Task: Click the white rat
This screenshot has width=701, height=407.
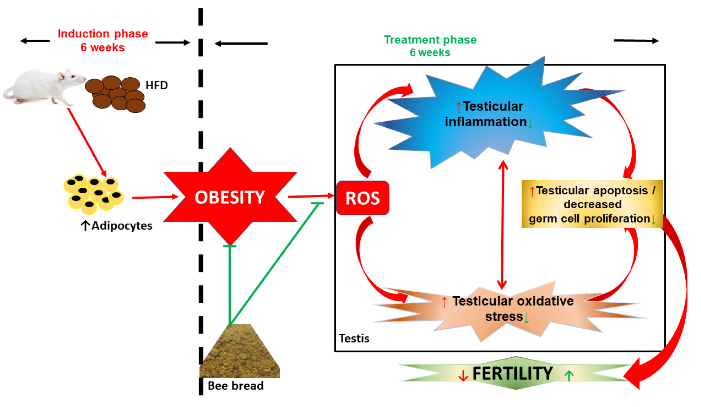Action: [42, 86]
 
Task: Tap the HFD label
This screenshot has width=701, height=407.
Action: [157, 85]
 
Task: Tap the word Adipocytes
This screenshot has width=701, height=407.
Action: [122, 226]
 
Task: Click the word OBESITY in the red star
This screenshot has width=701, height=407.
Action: [230, 198]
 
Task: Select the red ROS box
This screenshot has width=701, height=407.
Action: [362, 198]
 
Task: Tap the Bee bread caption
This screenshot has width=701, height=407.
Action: [236, 386]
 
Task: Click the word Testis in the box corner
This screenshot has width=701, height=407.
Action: [354, 338]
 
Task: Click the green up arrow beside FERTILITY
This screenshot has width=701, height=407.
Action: [569, 376]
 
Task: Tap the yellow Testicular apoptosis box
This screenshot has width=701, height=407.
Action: [592, 204]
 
